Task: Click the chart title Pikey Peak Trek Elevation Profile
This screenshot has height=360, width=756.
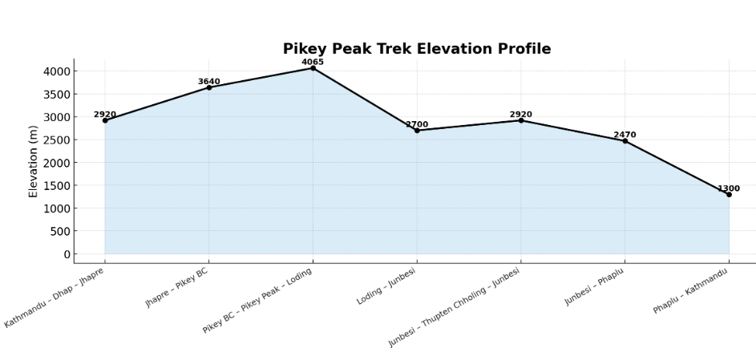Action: (x=417, y=49)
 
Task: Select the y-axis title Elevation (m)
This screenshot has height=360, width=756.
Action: (x=34, y=161)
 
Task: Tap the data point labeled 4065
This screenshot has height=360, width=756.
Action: (x=313, y=68)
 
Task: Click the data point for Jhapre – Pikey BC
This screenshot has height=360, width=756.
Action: (x=209, y=87)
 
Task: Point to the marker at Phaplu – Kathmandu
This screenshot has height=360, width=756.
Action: (x=729, y=194)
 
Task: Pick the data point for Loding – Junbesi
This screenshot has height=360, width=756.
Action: (x=417, y=131)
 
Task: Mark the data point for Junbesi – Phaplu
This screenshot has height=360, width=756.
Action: (x=625, y=141)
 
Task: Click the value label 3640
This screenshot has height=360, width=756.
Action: (x=209, y=82)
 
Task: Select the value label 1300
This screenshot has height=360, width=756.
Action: (x=729, y=189)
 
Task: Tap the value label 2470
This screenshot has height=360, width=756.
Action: (x=625, y=136)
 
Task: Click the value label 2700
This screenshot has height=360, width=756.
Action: (x=417, y=125)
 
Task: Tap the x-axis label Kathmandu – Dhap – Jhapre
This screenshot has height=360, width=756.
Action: (x=55, y=298)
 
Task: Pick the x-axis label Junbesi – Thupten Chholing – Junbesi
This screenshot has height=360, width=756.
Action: (x=455, y=308)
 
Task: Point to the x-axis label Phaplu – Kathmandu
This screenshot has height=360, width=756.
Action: (x=690, y=291)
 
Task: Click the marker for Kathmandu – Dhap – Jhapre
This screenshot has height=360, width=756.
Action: (x=105, y=120)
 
